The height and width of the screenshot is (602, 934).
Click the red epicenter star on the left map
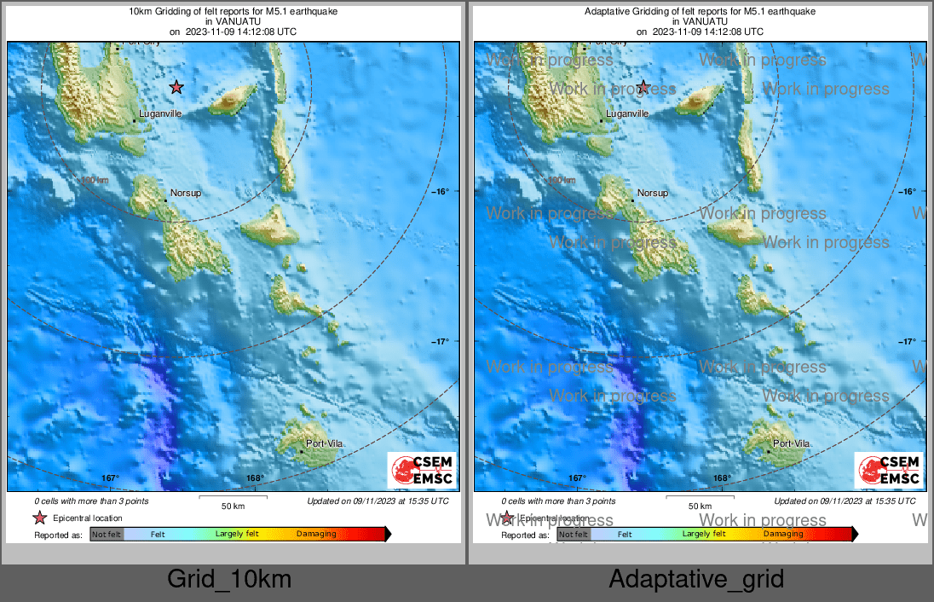[176, 87]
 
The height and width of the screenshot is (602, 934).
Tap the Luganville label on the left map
[160, 113]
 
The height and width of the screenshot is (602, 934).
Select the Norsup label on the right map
[653, 194]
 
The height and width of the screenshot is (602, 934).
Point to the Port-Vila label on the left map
[326, 443]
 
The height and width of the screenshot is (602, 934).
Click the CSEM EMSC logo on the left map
[422, 471]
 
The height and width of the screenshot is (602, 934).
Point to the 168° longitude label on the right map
[722, 478]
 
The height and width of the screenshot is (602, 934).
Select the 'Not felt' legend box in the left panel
[107, 535]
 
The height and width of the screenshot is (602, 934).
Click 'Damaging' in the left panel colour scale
[316, 535]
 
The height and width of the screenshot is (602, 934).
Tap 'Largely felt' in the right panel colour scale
[704, 535]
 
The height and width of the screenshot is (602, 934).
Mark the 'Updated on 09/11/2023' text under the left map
[378, 501]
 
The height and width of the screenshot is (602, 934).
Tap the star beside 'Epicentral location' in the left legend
[39, 518]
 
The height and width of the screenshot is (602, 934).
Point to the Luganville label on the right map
[627, 113]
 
